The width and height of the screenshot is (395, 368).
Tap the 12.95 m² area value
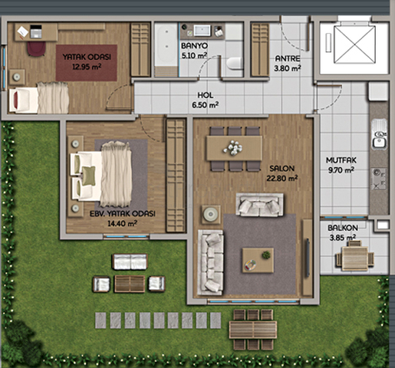tap(87, 67)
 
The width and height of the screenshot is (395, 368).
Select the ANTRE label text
tap(288, 59)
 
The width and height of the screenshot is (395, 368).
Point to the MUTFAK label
tap(341, 160)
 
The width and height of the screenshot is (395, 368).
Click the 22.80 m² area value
tap(281, 178)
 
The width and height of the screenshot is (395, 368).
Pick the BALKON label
tap(343, 228)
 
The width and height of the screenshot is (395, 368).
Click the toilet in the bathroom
tap(234, 64)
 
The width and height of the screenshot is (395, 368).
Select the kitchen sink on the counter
tap(380, 133)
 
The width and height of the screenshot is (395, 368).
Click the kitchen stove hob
tap(379, 179)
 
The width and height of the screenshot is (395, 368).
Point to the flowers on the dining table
tap(232, 148)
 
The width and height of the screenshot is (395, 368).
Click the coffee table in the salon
tap(258, 260)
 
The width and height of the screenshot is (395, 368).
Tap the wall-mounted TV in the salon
tap(308, 258)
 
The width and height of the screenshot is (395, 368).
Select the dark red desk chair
tap(36, 48)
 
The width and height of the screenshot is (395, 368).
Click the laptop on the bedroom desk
tap(36, 31)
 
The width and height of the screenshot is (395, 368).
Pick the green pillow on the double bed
tap(89, 176)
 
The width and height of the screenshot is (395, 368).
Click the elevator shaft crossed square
tap(354, 44)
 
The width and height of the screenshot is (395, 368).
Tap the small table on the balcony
tap(354, 258)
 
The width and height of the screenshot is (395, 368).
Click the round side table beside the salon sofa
tap(211, 215)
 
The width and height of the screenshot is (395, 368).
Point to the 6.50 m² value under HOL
tap(205, 105)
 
